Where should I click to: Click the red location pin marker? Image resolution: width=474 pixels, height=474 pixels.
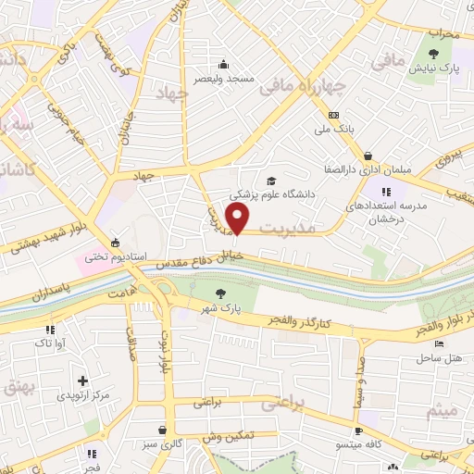point(238,219)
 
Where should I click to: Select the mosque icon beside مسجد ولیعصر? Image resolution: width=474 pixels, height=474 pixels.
point(223,64)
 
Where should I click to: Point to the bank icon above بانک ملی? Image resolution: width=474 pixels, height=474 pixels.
point(333,115)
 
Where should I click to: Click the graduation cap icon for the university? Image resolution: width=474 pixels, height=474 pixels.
point(271,180)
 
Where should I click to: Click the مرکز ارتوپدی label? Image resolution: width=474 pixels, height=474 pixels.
point(83,394)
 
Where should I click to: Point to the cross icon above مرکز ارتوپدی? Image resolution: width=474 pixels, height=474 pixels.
point(82,380)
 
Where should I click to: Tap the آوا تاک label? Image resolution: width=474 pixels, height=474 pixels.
point(50,343)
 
